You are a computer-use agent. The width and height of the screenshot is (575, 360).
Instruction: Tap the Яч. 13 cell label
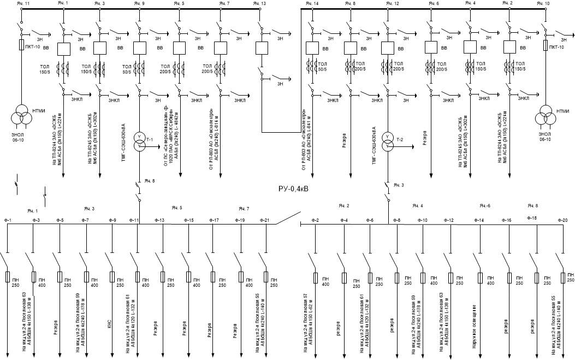(260, 4)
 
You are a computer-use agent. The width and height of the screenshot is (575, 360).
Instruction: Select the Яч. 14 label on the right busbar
(312, 4)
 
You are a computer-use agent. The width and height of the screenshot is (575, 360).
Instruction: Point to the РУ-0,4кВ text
(294, 188)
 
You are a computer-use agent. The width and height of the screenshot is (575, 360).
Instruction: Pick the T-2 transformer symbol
(388, 140)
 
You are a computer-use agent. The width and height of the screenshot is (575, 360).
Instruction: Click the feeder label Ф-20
(563, 220)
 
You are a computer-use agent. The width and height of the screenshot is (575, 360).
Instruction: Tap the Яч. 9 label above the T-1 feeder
(139, 4)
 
